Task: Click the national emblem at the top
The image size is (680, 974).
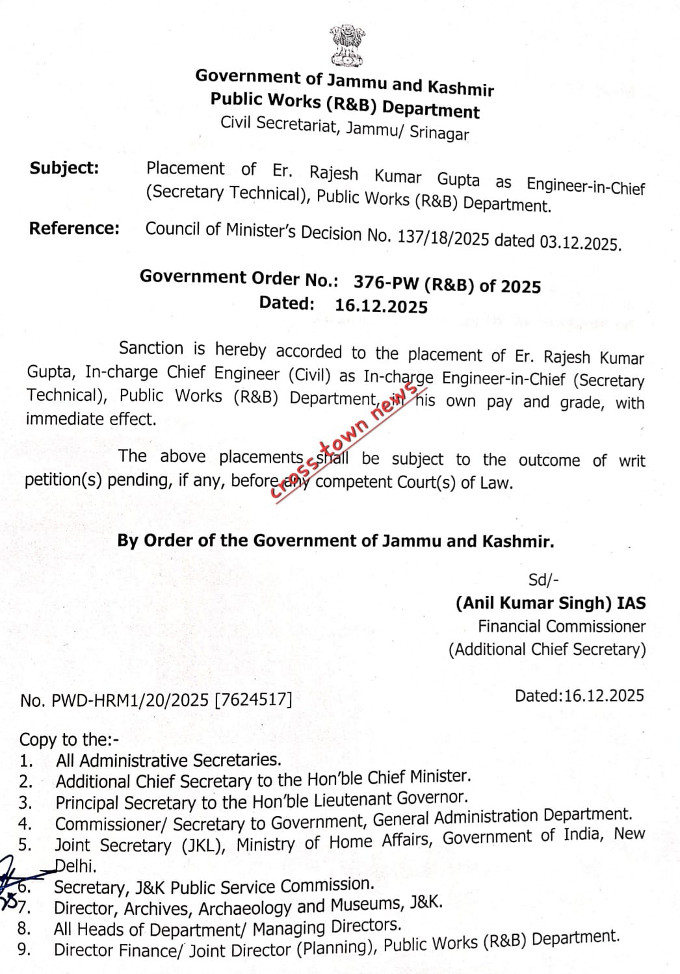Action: [345, 45]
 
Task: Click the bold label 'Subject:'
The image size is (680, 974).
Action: [64, 168]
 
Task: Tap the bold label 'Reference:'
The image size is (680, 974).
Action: [74, 228]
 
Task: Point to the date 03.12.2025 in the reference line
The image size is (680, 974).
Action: [580, 243]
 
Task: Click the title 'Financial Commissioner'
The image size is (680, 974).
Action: [562, 626]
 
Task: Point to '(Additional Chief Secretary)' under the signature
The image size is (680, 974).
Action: [547, 649]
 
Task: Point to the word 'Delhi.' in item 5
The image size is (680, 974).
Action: [76, 865]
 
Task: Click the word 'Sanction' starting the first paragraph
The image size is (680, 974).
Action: [151, 348]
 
